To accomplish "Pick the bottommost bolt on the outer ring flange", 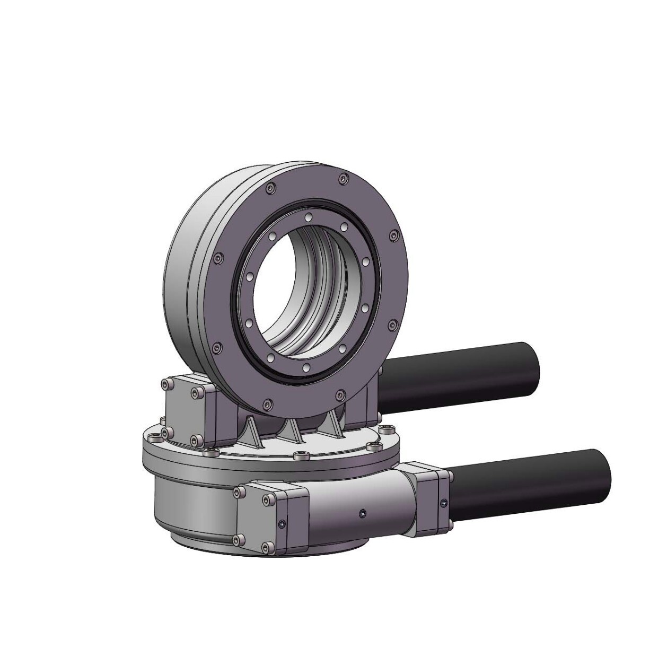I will point(268,405).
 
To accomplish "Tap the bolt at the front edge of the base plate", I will point(302,455).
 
